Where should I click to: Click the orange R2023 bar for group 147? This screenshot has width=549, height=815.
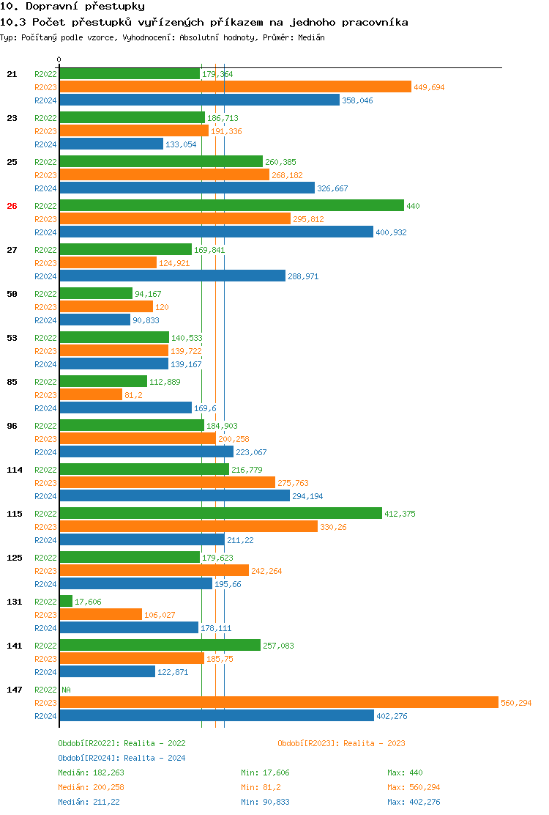(278, 702)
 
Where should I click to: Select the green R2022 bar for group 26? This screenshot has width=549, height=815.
(231, 205)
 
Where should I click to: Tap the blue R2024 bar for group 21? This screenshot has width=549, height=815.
(199, 100)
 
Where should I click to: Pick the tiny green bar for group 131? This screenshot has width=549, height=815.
(66, 601)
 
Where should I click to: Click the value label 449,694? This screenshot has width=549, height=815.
(429, 87)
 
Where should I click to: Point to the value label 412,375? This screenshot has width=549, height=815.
(400, 514)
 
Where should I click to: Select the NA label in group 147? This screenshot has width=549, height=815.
(66, 690)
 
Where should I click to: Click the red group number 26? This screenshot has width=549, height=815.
(12, 206)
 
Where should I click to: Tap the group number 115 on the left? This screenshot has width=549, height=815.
(15, 514)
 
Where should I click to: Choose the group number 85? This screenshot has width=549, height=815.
(12, 382)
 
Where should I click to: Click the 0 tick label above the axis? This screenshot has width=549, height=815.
(59, 59)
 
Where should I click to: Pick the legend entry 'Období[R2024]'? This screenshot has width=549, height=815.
(89, 758)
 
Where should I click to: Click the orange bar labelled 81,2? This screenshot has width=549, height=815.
(91, 394)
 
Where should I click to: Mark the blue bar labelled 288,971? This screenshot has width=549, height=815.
(172, 276)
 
